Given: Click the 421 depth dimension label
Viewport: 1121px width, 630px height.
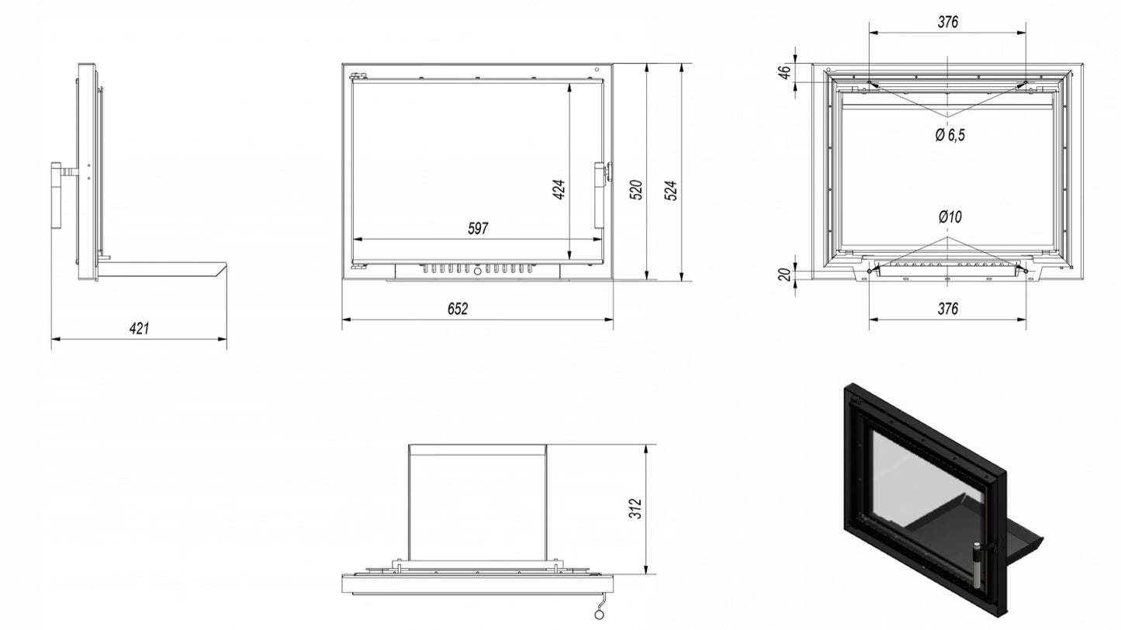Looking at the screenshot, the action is [x=139, y=328].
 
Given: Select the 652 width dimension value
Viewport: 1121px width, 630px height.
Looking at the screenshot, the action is [x=458, y=309].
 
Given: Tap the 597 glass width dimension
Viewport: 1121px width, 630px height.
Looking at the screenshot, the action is [x=478, y=228].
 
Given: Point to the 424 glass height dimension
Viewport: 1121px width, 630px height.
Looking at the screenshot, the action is [x=559, y=189].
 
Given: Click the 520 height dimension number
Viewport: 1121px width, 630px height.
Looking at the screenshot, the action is [x=635, y=190].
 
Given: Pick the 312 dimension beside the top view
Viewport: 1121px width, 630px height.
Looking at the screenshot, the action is [x=635, y=508].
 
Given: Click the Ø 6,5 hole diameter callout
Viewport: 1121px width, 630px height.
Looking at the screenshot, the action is [x=950, y=135].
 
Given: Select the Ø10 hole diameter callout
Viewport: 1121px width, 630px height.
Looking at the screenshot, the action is [x=950, y=216].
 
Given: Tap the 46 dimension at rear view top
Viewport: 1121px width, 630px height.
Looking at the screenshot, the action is [x=785, y=72].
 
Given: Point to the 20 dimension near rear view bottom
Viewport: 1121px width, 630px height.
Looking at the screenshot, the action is [x=785, y=274].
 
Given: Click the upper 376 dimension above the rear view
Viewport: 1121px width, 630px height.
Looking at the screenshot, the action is [x=948, y=22].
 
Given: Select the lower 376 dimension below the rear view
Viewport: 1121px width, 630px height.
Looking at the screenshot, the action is [x=948, y=309].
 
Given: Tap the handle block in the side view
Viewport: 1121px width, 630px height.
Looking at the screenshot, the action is [x=57, y=196].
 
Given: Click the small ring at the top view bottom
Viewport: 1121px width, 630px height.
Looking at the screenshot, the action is [x=599, y=614].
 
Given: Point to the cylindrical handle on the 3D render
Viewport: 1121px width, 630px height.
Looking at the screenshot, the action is [x=977, y=566].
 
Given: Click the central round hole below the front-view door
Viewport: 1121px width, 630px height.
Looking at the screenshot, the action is [x=477, y=272].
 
